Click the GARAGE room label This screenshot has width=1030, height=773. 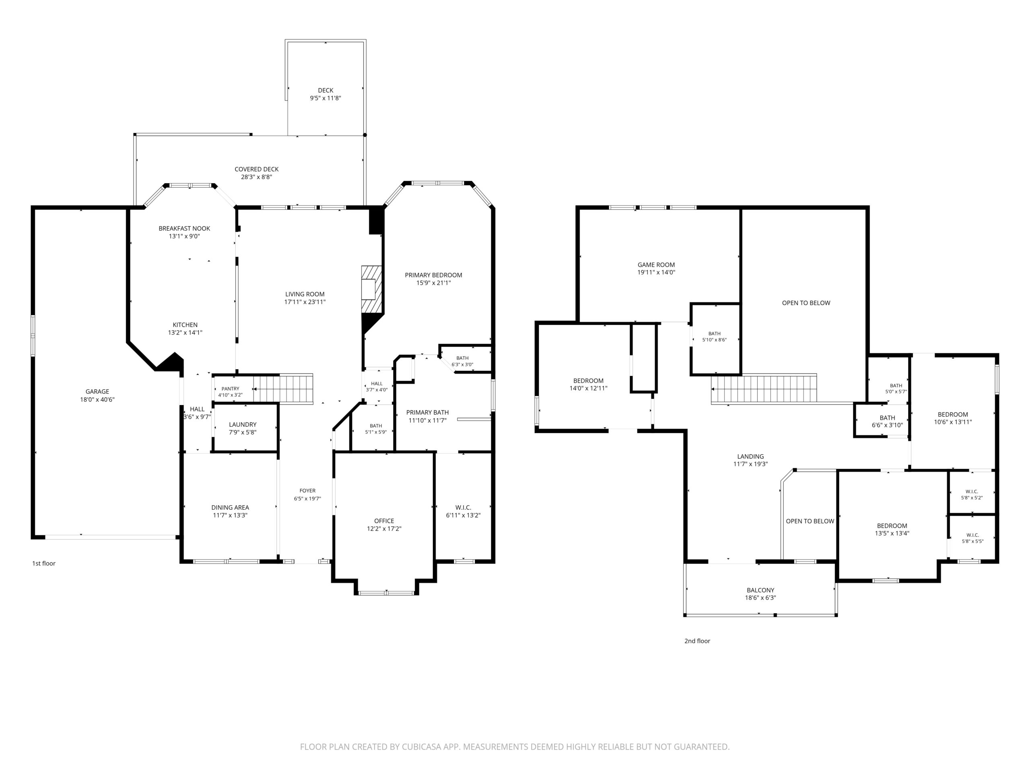coord(97,391)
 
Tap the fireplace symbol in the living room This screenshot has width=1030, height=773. coord(372,289)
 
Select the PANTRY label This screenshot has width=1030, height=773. coord(230,389)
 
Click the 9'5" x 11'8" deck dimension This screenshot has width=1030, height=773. coord(325,98)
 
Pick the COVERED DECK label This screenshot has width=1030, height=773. coord(257,169)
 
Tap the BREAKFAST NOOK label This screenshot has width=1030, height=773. coord(184,228)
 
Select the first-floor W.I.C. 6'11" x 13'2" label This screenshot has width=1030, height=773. coord(463,511)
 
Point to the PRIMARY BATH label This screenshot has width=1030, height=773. coord(427,412)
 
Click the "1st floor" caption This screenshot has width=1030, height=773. coord(44,563)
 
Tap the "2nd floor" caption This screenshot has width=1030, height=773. coord(697,641)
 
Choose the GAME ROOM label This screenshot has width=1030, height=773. coord(656,265)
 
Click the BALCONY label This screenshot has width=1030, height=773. coord(760,590)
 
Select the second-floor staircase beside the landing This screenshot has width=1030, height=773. coord(764,389)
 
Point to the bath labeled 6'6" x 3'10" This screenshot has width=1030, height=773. coord(887,421)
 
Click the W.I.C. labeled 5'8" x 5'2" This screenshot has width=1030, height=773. coord(972,494)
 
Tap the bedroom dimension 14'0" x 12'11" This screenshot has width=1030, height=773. coord(589,388)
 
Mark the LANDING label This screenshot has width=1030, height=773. coord(751,457)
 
